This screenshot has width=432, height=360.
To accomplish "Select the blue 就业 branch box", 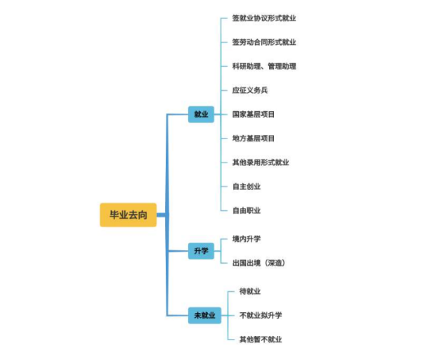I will (x=201, y=114).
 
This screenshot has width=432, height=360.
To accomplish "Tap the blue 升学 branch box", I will (x=201, y=250).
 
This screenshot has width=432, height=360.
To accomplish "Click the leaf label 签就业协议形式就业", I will (x=264, y=18).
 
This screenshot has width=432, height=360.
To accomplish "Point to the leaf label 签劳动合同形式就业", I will (x=264, y=42).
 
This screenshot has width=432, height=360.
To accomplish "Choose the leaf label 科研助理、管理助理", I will (x=264, y=66).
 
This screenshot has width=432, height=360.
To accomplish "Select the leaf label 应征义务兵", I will (x=250, y=90).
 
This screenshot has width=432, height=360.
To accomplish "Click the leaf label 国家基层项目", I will (x=254, y=114).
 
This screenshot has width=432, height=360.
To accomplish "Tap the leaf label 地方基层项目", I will (x=254, y=139).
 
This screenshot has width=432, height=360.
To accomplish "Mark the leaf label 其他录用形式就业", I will (x=261, y=162).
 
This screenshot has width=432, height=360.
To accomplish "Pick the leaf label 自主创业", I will (x=247, y=186).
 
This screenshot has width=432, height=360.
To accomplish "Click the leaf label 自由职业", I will (x=247, y=210).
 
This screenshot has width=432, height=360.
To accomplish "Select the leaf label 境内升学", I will (x=247, y=239).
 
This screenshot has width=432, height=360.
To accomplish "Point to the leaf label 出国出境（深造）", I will (x=258, y=263).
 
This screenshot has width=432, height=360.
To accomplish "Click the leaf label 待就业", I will (x=250, y=291).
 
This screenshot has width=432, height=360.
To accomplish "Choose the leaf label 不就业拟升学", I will (x=261, y=315).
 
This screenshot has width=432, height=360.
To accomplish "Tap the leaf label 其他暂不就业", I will (x=261, y=340).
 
